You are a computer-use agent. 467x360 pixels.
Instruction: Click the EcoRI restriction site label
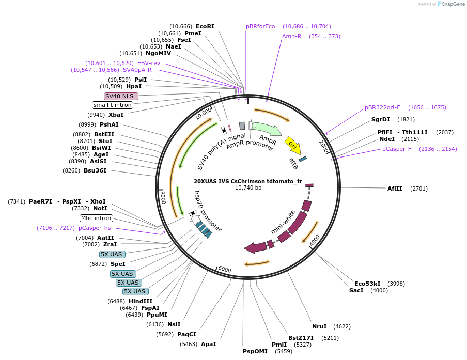click(205, 26)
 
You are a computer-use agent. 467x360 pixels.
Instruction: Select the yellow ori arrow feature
click(293, 145)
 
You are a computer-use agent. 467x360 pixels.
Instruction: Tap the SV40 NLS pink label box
click(121, 96)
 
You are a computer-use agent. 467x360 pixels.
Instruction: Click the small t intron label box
click(112, 105)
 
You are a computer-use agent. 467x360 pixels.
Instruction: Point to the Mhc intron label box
click(96, 218)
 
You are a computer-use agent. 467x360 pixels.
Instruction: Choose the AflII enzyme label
click(395, 189)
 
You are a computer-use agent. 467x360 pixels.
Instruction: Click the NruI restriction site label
click(319, 326)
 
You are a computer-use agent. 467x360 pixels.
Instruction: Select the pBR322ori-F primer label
click(382, 107)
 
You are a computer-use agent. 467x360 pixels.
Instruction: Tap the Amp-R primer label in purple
click(291, 36)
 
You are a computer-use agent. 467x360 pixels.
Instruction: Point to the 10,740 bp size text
click(248, 188)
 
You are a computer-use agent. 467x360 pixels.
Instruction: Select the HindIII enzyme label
click(141, 301)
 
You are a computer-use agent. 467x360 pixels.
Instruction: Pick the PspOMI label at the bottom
click(255, 351)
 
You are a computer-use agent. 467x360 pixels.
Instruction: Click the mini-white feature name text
click(284, 222)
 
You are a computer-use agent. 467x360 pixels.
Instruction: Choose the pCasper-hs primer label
click(95, 228)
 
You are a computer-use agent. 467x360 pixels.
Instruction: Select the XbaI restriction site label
click(116, 115)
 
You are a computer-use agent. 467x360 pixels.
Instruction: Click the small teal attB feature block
click(303, 159)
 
